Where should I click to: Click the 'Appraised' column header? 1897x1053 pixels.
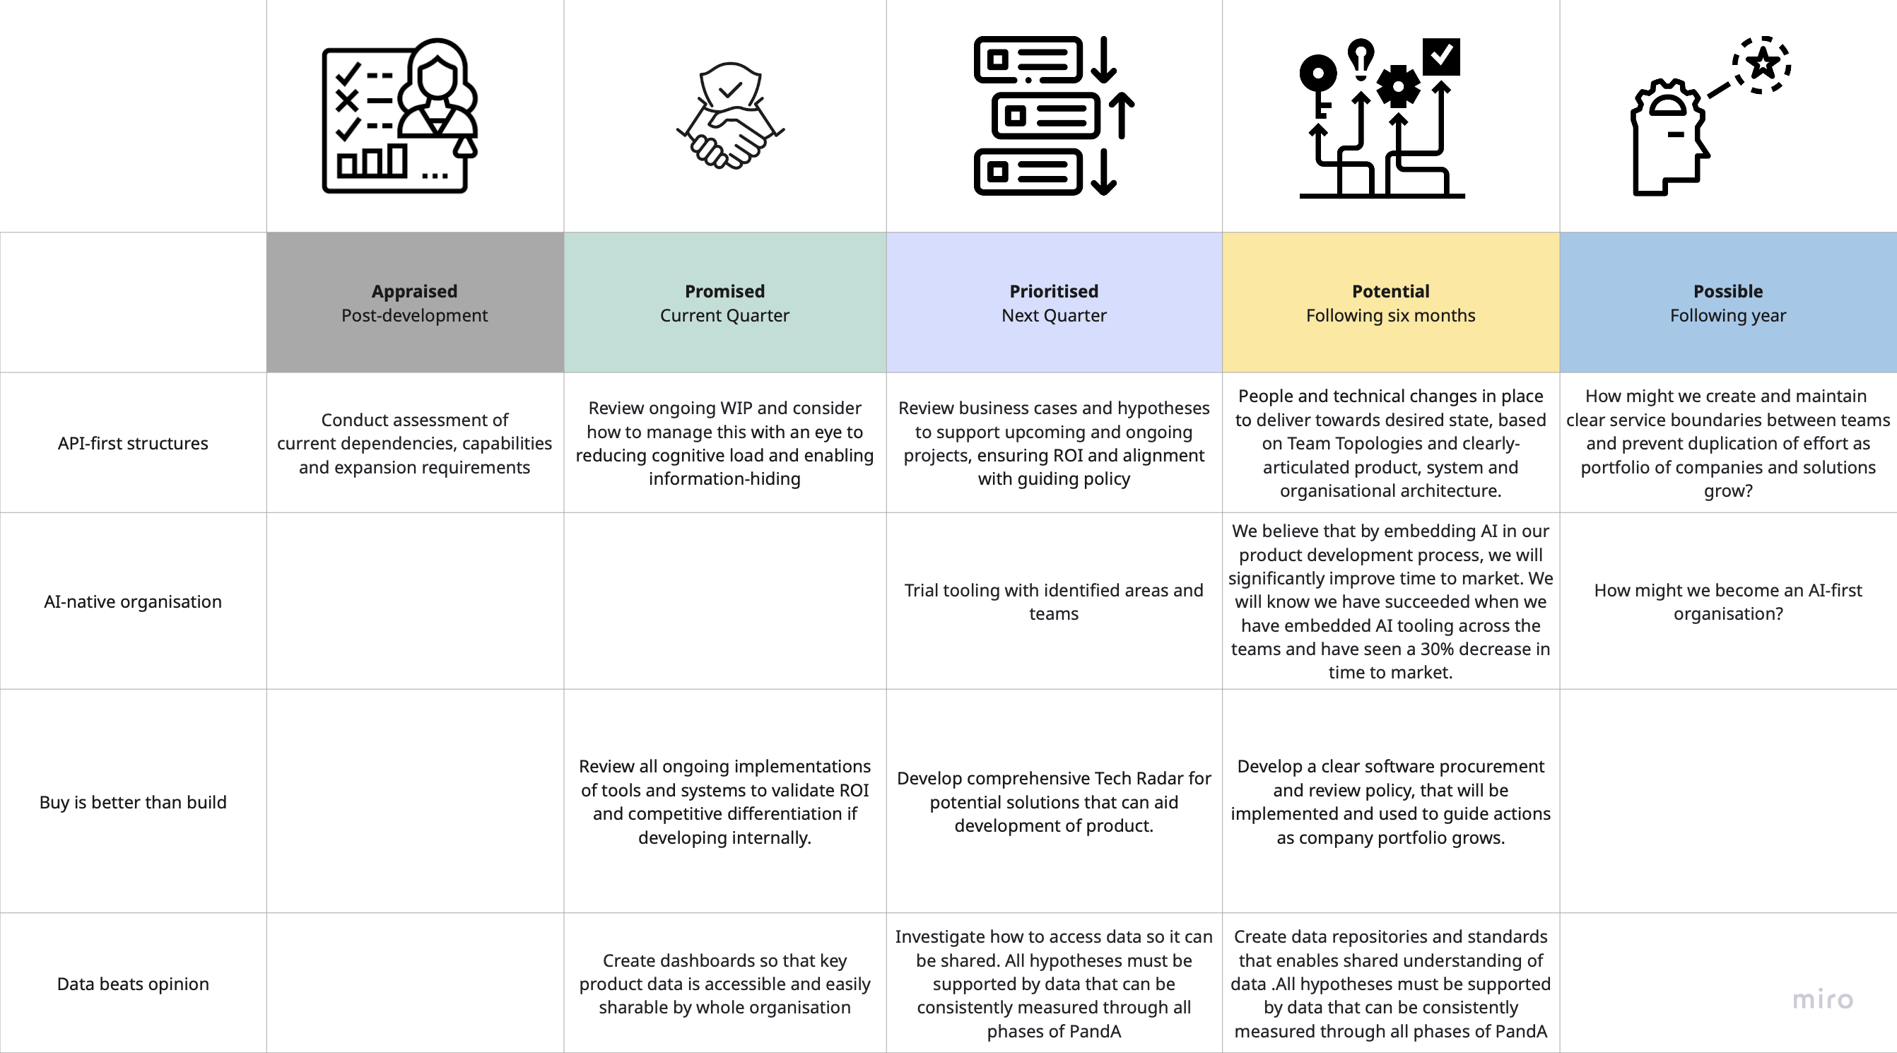(x=414, y=292)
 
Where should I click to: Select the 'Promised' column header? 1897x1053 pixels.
(x=724, y=292)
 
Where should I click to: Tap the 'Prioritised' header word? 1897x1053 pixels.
(x=1053, y=292)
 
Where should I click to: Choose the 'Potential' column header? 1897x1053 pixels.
(x=1390, y=292)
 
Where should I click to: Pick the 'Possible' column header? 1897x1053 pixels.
(x=1727, y=292)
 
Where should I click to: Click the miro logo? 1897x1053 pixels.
(x=1823, y=999)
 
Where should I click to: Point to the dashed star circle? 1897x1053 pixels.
(x=1762, y=65)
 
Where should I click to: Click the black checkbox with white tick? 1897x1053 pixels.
(x=1441, y=56)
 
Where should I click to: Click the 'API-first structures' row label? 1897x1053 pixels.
(x=133, y=443)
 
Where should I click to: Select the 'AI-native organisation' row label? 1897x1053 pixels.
(x=133, y=601)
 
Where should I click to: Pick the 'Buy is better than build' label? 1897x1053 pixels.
(x=133, y=802)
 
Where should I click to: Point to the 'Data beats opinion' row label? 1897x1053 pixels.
(x=133, y=984)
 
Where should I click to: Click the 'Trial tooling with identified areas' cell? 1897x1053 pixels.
(x=1053, y=601)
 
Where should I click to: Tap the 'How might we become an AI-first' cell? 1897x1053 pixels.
(x=1727, y=601)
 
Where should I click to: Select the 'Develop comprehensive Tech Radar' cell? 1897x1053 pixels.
(x=1053, y=802)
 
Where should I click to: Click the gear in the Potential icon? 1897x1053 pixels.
(x=1398, y=87)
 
